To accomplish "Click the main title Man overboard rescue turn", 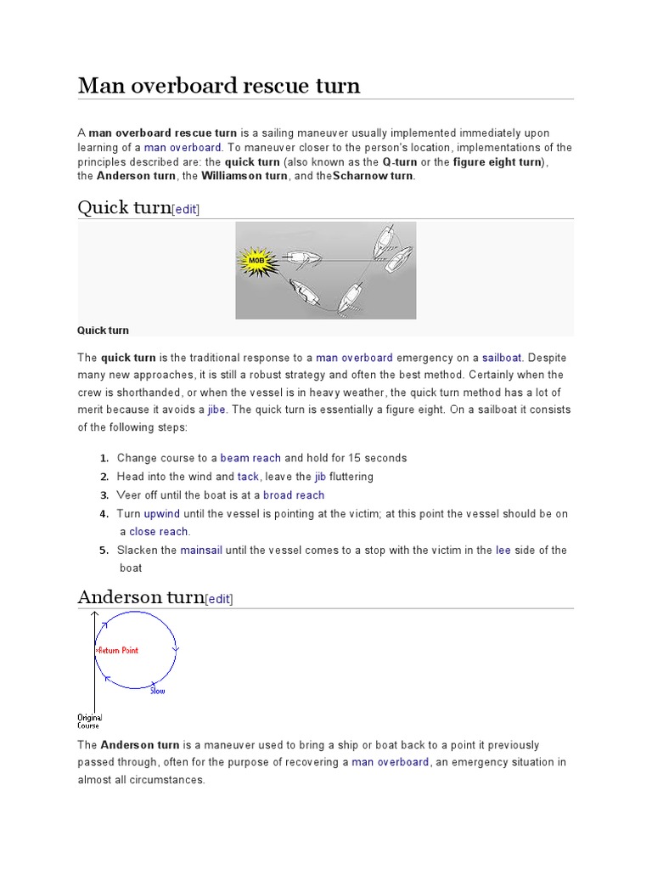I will click(219, 86).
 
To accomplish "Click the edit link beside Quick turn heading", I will click(186, 209).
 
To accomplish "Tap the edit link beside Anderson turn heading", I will click(219, 598).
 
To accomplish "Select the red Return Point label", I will click(118, 650).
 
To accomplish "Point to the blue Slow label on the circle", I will click(158, 691).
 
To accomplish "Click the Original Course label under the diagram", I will click(89, 721).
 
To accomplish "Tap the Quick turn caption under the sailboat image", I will click(103, 330).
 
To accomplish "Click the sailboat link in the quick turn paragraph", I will click(502, 358).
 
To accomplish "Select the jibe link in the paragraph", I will click(216, 410).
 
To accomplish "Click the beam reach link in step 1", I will click(250, 458).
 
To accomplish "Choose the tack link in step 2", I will click(248, 477).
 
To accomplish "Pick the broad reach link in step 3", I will click(294, 495).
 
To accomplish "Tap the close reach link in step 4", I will click(159, 532).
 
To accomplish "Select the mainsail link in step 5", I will click(201, 551).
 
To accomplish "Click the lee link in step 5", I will click(503, 551).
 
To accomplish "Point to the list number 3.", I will click(104, 495).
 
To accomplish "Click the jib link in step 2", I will click(320, 477).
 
